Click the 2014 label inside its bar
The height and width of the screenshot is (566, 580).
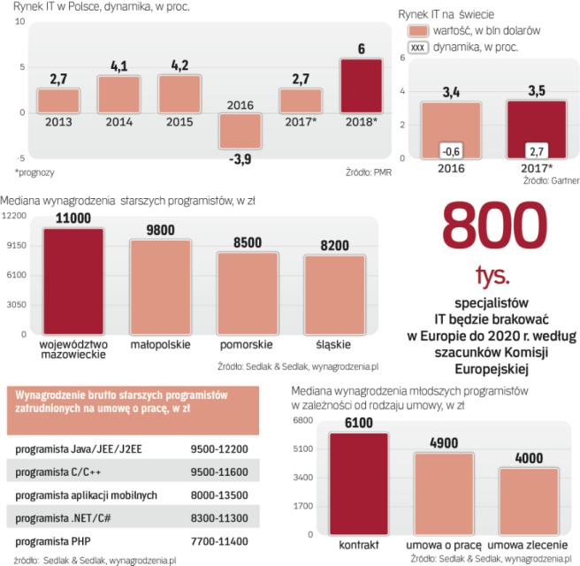120,122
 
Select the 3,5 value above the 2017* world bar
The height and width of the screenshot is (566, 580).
536,90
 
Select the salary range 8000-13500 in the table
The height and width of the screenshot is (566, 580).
219,495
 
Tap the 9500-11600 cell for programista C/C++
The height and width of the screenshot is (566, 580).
219,472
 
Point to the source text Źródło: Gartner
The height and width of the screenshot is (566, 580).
549,181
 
